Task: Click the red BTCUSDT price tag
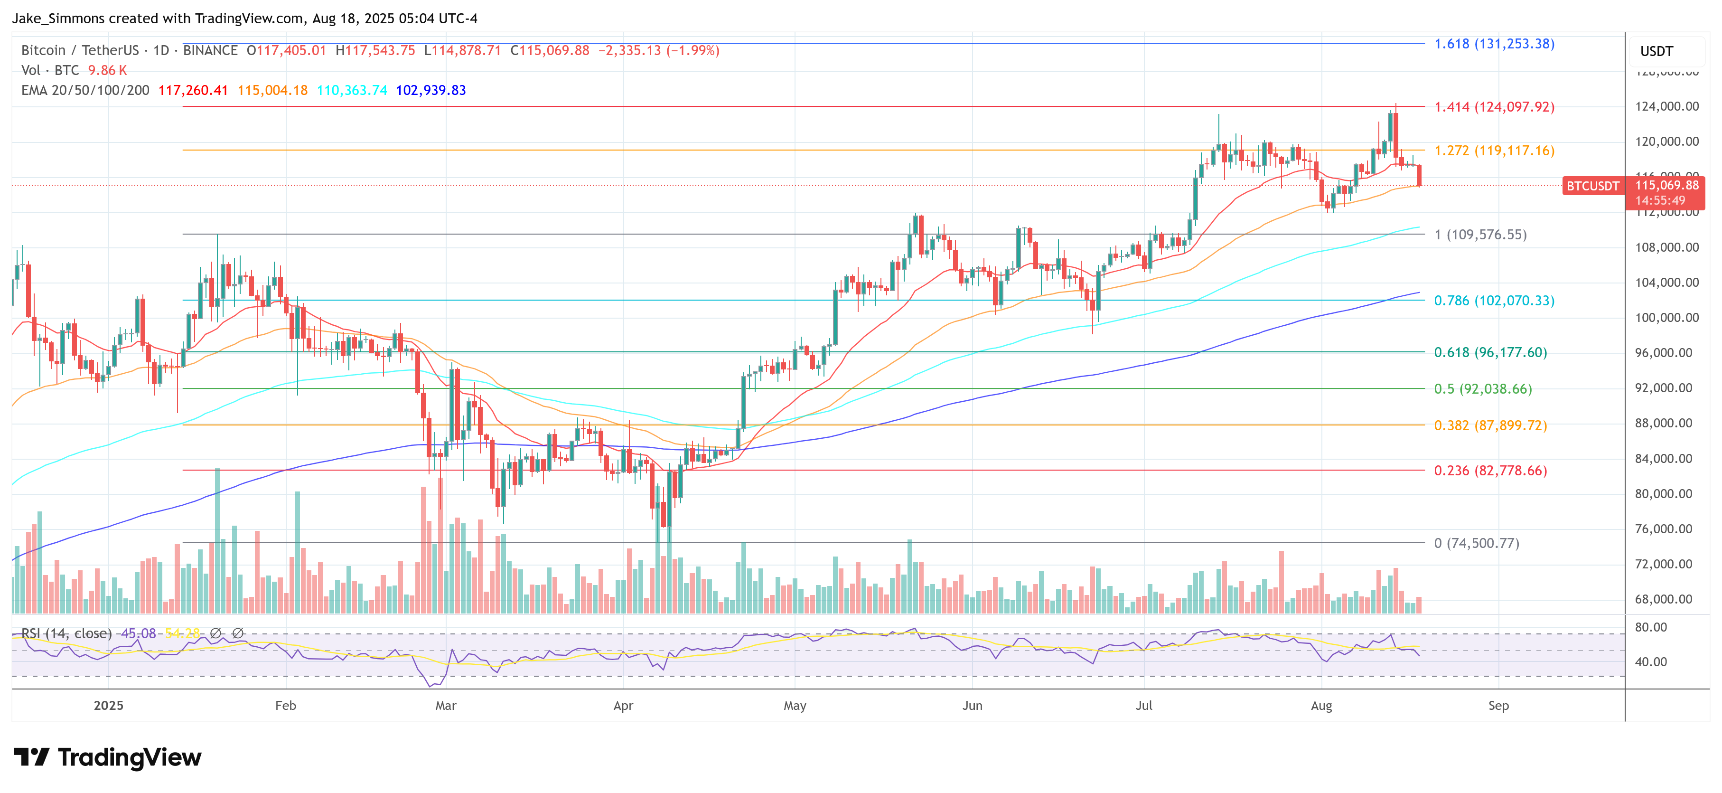click(1592, 186)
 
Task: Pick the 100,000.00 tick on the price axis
click(1666, 318)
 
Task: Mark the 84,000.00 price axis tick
click(1666, 459)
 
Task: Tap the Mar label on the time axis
click(445, 706)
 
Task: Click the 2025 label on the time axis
click(108, 706)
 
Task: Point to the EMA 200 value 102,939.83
click(430, 90)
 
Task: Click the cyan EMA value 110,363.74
click(352, 90)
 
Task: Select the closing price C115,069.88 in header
click(550, 51)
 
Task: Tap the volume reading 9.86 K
click(107, 70)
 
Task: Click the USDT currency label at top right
click(1656, 51)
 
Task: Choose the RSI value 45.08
click(139, 633)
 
